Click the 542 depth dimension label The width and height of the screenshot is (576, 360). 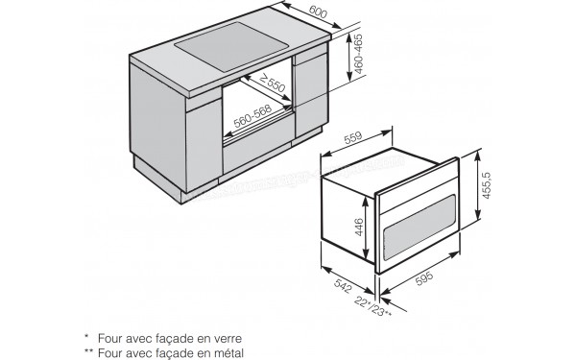330,288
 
